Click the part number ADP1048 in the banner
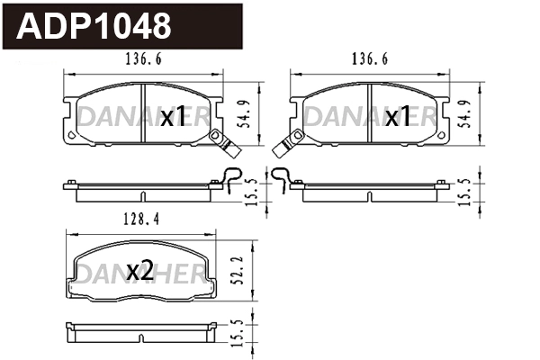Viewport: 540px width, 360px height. tap(95, 26)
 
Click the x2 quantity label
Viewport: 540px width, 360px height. tap(141, 270)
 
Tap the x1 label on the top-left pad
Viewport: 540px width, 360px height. tap(173, 117)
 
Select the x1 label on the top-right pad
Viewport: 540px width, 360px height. tap(398, 117)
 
